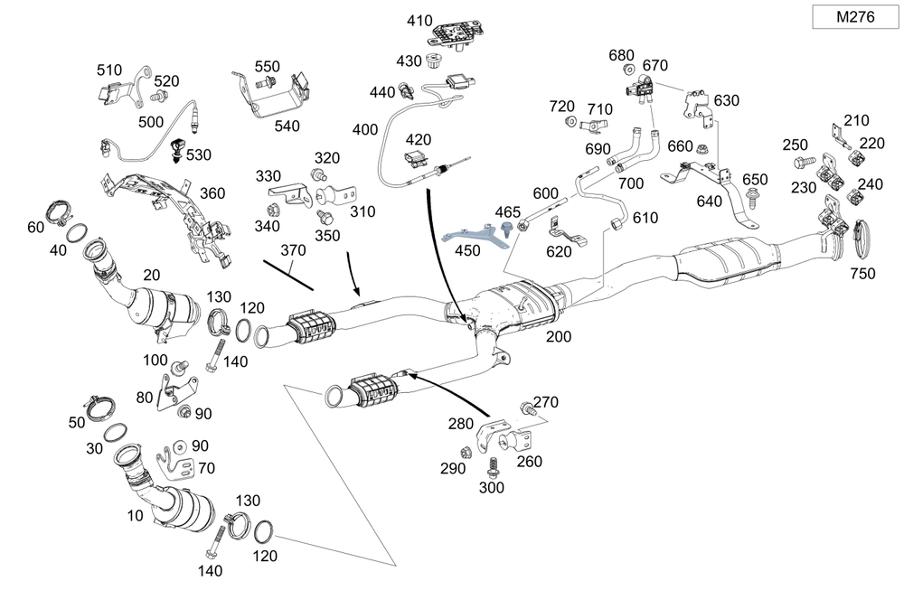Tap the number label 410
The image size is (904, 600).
coord(420,20)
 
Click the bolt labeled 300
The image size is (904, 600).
coord(493,467)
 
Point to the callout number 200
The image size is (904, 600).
coord(559,337)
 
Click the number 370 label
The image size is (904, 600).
coord(294,248)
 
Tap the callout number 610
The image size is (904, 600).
coord(645,219)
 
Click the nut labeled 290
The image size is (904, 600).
coord(465,452)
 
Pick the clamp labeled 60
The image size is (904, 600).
coord(61,215)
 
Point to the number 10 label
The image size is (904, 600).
coord(135,517)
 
